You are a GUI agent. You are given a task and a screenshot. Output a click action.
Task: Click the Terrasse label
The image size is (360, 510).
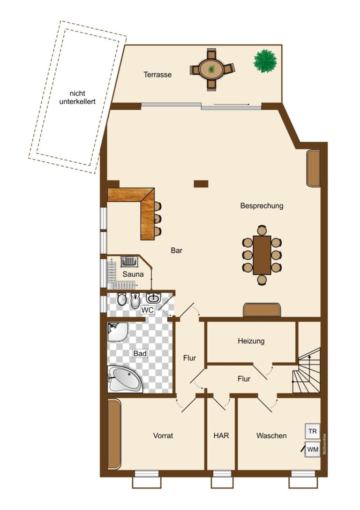(x=157, y=75)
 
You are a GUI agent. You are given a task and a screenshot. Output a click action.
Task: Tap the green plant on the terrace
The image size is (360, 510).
(x=265, y=61)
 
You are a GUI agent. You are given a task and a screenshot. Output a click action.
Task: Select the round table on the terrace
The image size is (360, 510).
(x=211, y=69)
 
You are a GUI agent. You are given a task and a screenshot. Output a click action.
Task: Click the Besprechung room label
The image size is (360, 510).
(x=262, y=206)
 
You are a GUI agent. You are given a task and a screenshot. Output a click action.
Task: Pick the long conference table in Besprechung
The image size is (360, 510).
(x=262, y=255)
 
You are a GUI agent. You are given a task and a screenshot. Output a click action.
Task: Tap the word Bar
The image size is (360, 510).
(x=176, y=251)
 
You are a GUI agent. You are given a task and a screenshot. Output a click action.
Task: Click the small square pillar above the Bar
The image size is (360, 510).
(x=201, y=184)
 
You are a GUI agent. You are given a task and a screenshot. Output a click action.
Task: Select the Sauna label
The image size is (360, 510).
(x=133, y=274)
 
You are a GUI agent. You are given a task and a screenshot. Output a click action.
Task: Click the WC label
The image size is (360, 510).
(x=148, y=310)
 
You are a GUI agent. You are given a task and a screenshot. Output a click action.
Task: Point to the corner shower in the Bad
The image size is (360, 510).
(x=118, y=332)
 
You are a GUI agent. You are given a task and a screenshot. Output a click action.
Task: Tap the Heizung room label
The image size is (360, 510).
(x=251, y=341)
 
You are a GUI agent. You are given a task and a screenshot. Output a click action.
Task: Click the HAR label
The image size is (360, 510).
(x=221, y=435)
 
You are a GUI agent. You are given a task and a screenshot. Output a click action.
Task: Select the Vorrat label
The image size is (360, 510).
(x=163, y=435)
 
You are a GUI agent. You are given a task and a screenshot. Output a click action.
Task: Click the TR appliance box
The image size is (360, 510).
(x=313, y=431)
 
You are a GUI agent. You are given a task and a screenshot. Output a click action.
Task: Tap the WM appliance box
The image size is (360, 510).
(x=313, y=449)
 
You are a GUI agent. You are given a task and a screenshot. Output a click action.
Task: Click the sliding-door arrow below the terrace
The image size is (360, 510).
(x=232, y=104)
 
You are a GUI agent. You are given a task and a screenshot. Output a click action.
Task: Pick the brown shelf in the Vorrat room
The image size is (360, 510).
(x=114, y=434)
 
